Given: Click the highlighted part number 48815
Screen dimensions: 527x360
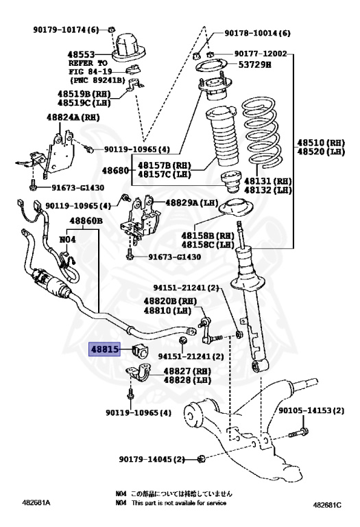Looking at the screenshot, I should (106, 349).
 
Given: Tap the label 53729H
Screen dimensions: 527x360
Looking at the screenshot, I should (258, 65).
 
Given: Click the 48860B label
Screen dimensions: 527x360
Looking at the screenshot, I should (86, 221).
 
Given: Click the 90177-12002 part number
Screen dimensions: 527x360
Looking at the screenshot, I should (260, 54).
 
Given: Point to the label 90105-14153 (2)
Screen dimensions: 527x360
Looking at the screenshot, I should (311, 410).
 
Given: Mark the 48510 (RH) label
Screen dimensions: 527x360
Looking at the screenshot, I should (323, 143).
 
